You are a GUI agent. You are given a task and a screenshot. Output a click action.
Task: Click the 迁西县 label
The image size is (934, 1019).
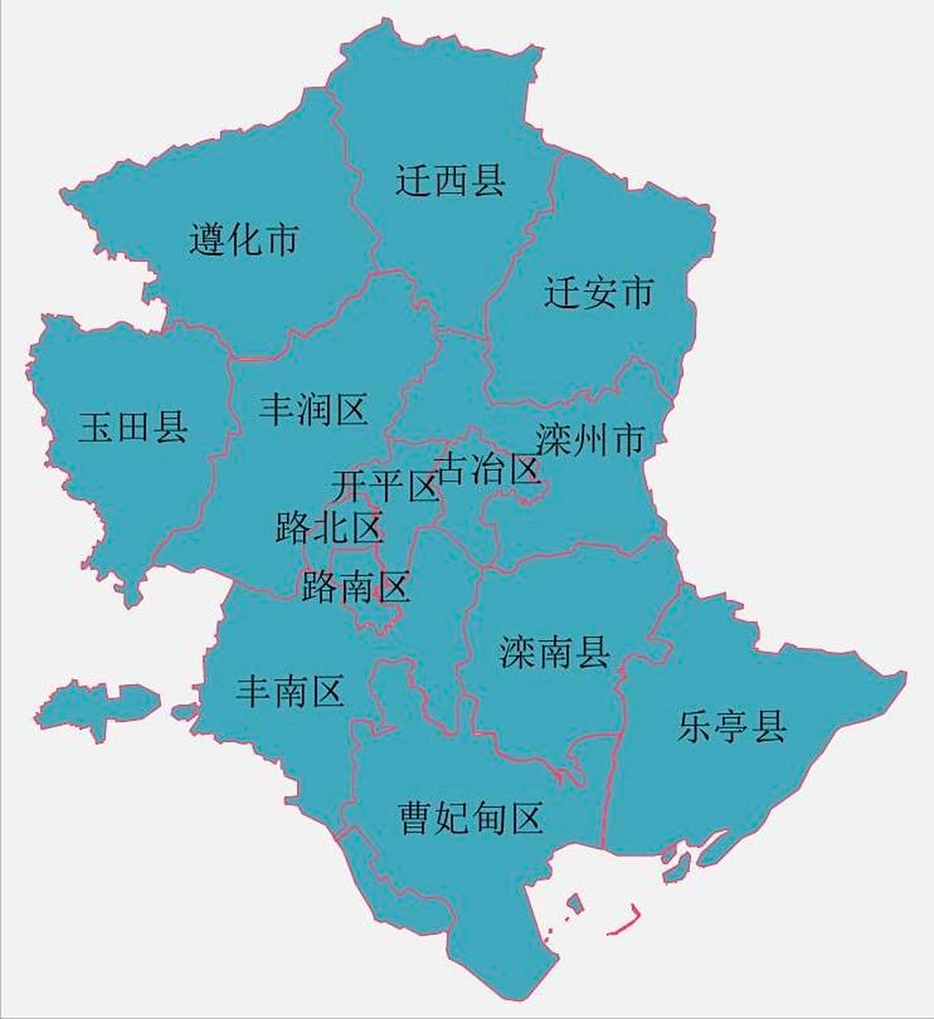click(451, 181)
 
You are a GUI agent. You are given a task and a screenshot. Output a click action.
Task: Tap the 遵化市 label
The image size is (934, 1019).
click(244, 239)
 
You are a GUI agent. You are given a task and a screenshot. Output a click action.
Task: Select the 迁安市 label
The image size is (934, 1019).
click(599, 292)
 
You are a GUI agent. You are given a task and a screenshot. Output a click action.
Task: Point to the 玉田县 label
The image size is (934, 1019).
click(133, 427)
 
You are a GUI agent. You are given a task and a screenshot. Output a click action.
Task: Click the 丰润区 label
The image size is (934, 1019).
click(313, 411)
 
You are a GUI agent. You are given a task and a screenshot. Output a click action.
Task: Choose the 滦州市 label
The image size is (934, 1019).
click(590, 439)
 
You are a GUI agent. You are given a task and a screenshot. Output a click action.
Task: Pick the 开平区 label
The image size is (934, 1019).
click(385, 486)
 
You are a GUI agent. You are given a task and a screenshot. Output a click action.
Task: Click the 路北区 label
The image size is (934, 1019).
click(330, 527)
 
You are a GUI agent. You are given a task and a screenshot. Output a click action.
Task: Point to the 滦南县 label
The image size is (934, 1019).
click(555, 652)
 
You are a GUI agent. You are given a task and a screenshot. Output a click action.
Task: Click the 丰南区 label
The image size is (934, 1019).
click(290, 691)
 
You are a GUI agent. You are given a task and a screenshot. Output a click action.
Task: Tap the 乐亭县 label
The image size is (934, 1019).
click(732, 726)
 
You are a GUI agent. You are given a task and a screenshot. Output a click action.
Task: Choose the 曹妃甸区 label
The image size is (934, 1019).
click(471, 818)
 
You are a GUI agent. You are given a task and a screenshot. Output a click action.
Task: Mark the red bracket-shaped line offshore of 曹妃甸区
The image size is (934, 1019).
click(625, 923)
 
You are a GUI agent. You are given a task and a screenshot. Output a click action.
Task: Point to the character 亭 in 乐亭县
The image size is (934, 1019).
click(732, 726)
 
